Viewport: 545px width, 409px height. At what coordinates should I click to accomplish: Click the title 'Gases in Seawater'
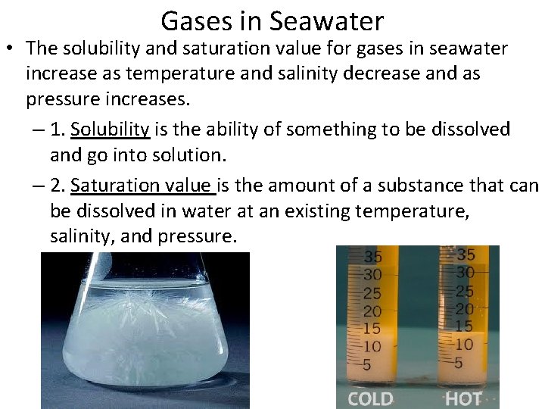click(272, 20)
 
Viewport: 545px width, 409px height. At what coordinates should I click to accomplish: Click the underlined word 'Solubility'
click(111, 130)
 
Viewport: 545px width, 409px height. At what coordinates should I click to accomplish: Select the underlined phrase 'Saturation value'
click(143, 185)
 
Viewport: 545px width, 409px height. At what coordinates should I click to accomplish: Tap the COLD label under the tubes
click(370, 398)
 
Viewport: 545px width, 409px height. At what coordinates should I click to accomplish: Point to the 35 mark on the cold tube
click(373, 257)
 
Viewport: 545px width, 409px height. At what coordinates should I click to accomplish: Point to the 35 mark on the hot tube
click(466, 254)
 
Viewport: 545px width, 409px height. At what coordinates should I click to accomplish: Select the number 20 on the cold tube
click(372, 311)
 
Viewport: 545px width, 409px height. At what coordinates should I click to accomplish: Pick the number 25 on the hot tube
click(465, 291)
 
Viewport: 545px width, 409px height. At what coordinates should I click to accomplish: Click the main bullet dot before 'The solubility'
click(13, 48)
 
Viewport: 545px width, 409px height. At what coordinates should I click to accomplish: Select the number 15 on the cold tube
click(372, 329)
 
